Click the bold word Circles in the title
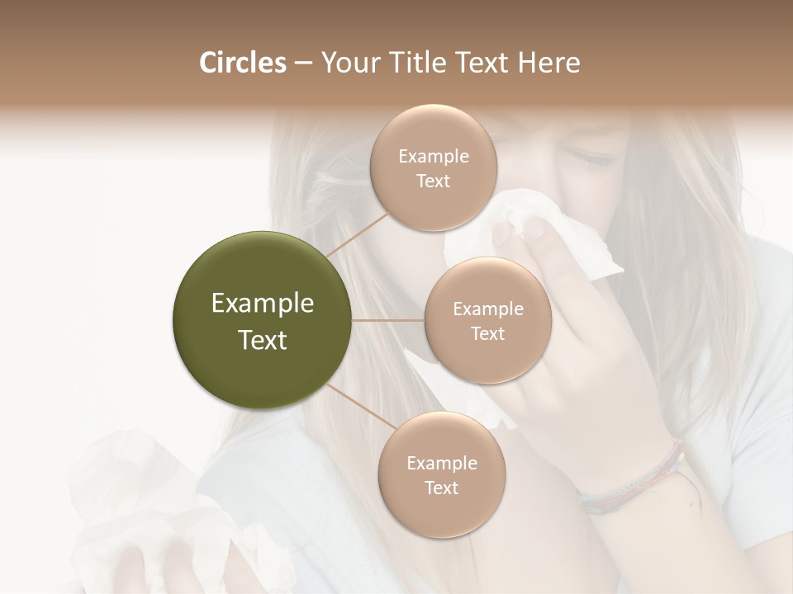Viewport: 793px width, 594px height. [x=243, y=63]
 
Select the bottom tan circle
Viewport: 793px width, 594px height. [x=441, y=511]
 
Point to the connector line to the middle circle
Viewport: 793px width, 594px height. [x=388, y=320]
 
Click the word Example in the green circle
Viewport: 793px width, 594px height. [x=263, y=304]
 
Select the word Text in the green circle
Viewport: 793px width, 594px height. [x=263, y=340]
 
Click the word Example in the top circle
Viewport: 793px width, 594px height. [x=434, y=157]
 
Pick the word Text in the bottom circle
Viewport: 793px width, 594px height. [x=441, y=488]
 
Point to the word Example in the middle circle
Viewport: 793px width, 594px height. [x=488, y=309]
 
